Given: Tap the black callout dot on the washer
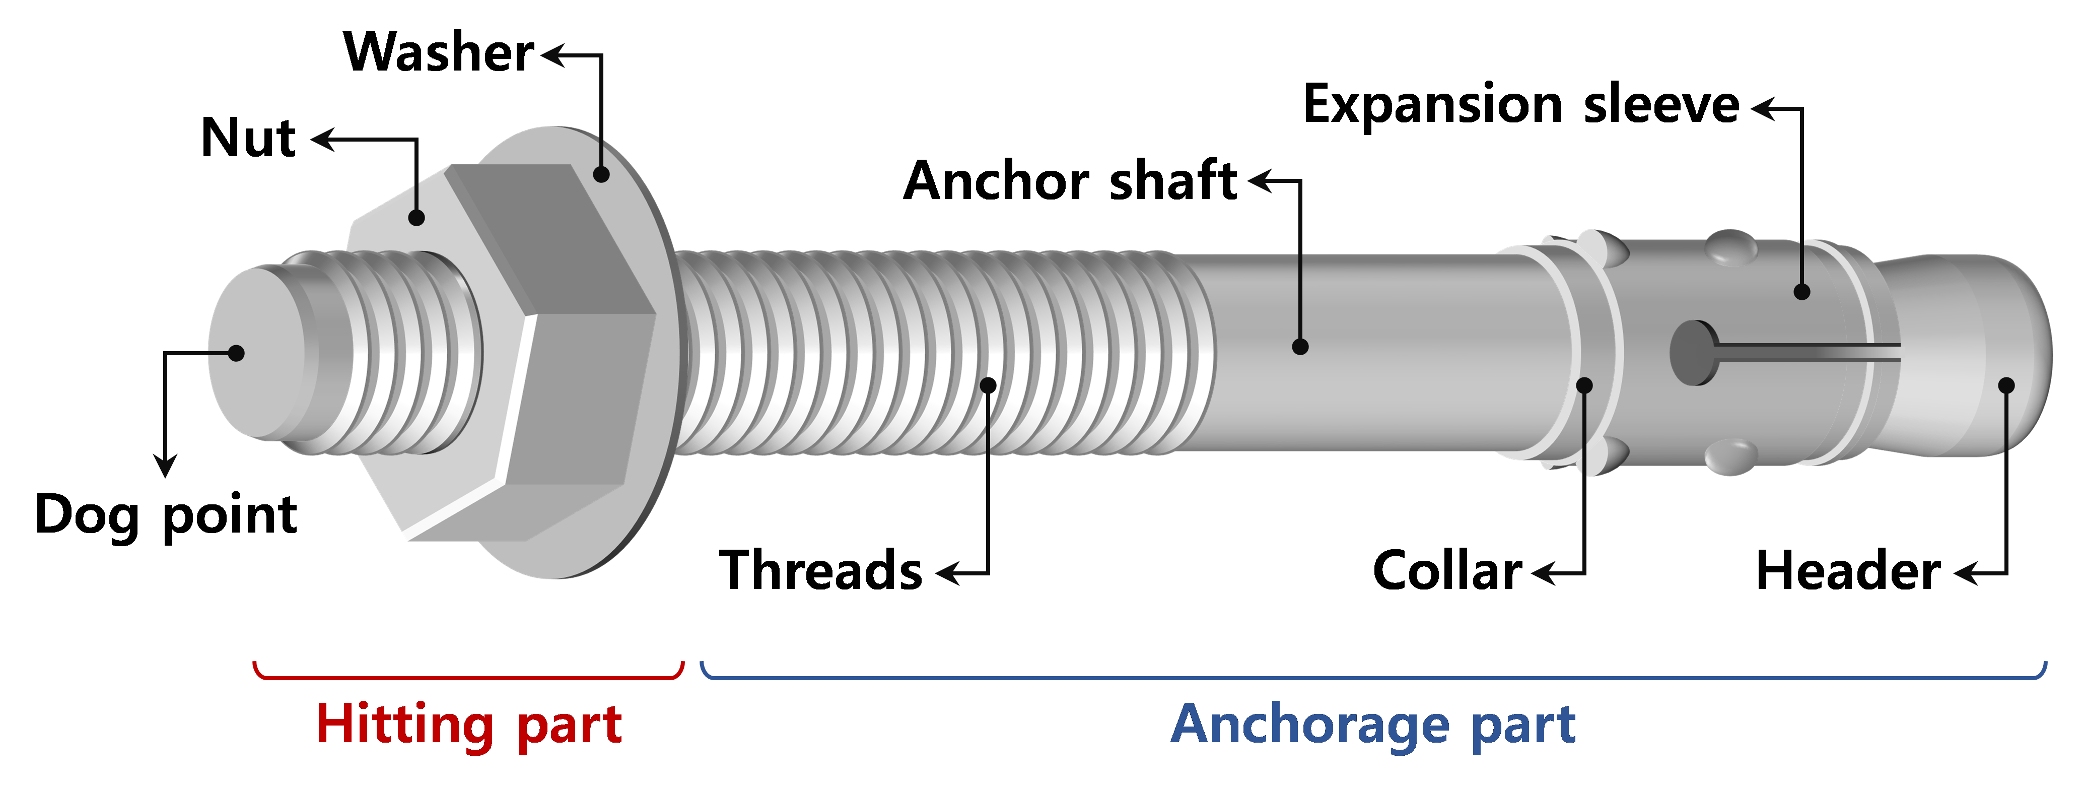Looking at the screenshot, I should (601, 173).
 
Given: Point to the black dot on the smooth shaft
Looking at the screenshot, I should (1299, 346).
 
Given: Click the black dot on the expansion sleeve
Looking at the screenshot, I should (1801, 291).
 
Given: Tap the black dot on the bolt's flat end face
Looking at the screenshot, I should (236, 353).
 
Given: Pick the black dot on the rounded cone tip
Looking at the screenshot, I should (2006, 385).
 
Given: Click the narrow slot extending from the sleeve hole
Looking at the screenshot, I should (1812, 352).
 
